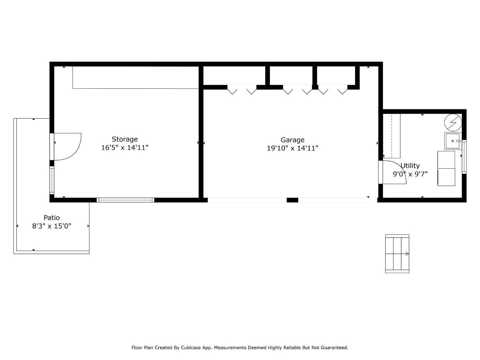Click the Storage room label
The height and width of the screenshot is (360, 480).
124,139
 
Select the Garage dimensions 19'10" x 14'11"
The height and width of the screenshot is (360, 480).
292,148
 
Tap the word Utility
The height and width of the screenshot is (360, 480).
410,166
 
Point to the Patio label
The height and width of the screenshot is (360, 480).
52,218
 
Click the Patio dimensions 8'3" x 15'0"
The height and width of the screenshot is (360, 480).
52,226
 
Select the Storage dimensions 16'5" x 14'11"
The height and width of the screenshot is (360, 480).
124,148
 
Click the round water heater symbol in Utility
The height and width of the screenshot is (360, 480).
453,122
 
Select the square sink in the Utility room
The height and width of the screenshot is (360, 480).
453,141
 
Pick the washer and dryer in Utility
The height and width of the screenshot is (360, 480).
446,168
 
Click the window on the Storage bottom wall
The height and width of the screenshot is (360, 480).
125,200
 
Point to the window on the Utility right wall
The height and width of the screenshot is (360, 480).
464,157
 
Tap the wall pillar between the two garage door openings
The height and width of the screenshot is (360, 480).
292,200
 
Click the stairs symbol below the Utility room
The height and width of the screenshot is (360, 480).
397,254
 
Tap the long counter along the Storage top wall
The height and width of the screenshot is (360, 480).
135,77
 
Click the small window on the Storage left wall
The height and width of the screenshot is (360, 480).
52,180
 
